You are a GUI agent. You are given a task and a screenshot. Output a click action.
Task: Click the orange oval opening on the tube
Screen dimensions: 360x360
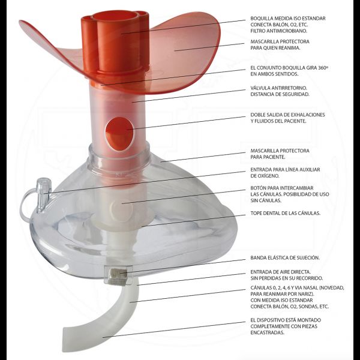tap(119, 134)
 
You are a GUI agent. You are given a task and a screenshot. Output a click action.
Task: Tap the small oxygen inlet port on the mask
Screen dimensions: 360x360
tap(43, 195)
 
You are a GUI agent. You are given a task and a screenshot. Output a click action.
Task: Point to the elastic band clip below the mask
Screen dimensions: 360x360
tap(118, 275)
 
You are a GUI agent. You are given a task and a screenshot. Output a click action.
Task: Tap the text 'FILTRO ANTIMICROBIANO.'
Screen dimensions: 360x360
tap(279, 31)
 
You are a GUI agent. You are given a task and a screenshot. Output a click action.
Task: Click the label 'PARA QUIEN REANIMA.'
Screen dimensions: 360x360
tap(275, 48)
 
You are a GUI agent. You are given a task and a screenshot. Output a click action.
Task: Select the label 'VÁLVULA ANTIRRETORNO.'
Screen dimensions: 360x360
tap(279, 88)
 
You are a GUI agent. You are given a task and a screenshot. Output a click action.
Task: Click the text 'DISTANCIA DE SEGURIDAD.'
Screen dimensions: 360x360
tap(280, 94)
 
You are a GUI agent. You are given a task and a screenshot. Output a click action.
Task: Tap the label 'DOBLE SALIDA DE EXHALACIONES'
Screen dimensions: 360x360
tap(287, 115)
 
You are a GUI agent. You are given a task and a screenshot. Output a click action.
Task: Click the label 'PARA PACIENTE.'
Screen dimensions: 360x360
tap(268, 157)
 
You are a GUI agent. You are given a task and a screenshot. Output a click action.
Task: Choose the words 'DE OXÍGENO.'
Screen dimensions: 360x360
tap(265, 176)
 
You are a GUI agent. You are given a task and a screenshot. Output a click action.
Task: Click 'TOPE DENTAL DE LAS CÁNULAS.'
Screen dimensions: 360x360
tap(286, 213)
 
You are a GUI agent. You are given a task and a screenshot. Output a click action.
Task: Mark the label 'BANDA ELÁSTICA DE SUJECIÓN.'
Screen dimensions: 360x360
tap(285, 258)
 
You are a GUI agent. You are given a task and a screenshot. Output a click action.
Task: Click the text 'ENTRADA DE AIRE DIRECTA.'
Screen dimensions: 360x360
tap(281, 272)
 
